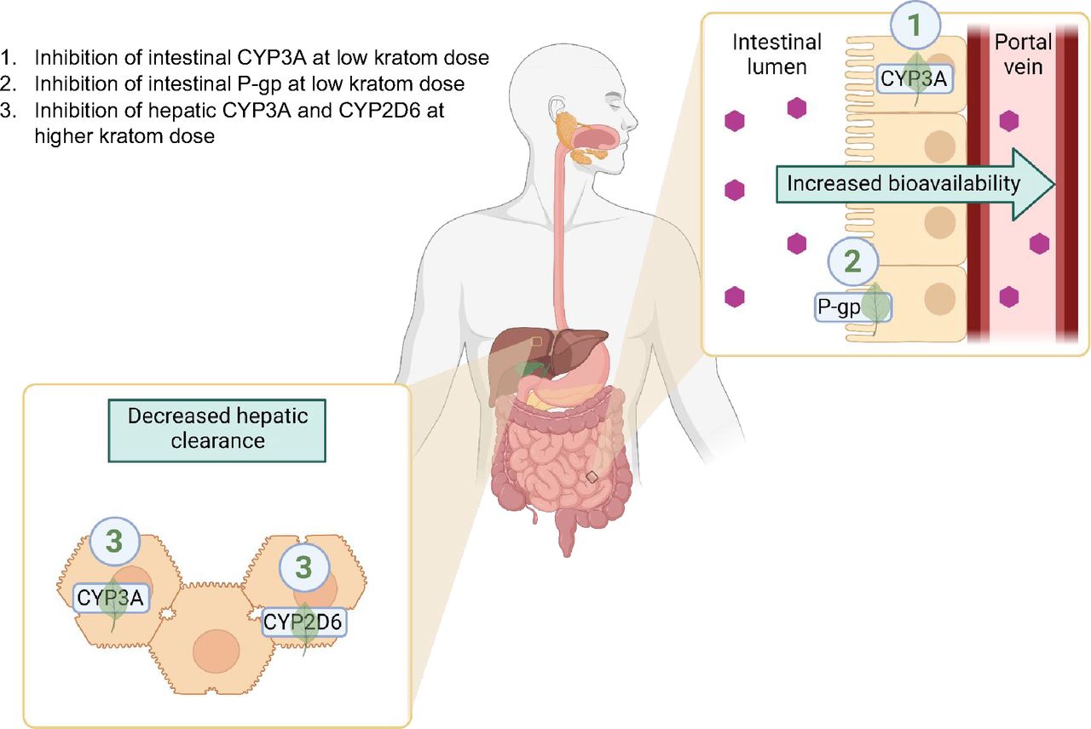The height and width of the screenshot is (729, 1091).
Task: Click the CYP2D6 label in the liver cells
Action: point(303,623)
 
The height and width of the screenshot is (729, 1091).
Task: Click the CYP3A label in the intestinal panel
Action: point(915,80)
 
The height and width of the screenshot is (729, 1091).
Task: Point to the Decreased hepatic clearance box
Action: point(217,428)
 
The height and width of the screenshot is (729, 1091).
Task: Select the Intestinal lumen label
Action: point(776,53)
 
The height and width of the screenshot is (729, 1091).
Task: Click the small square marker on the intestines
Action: point(592,477)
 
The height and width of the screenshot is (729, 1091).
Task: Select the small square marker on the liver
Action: point(535,341)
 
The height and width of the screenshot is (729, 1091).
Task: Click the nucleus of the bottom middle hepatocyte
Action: point(217,652)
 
